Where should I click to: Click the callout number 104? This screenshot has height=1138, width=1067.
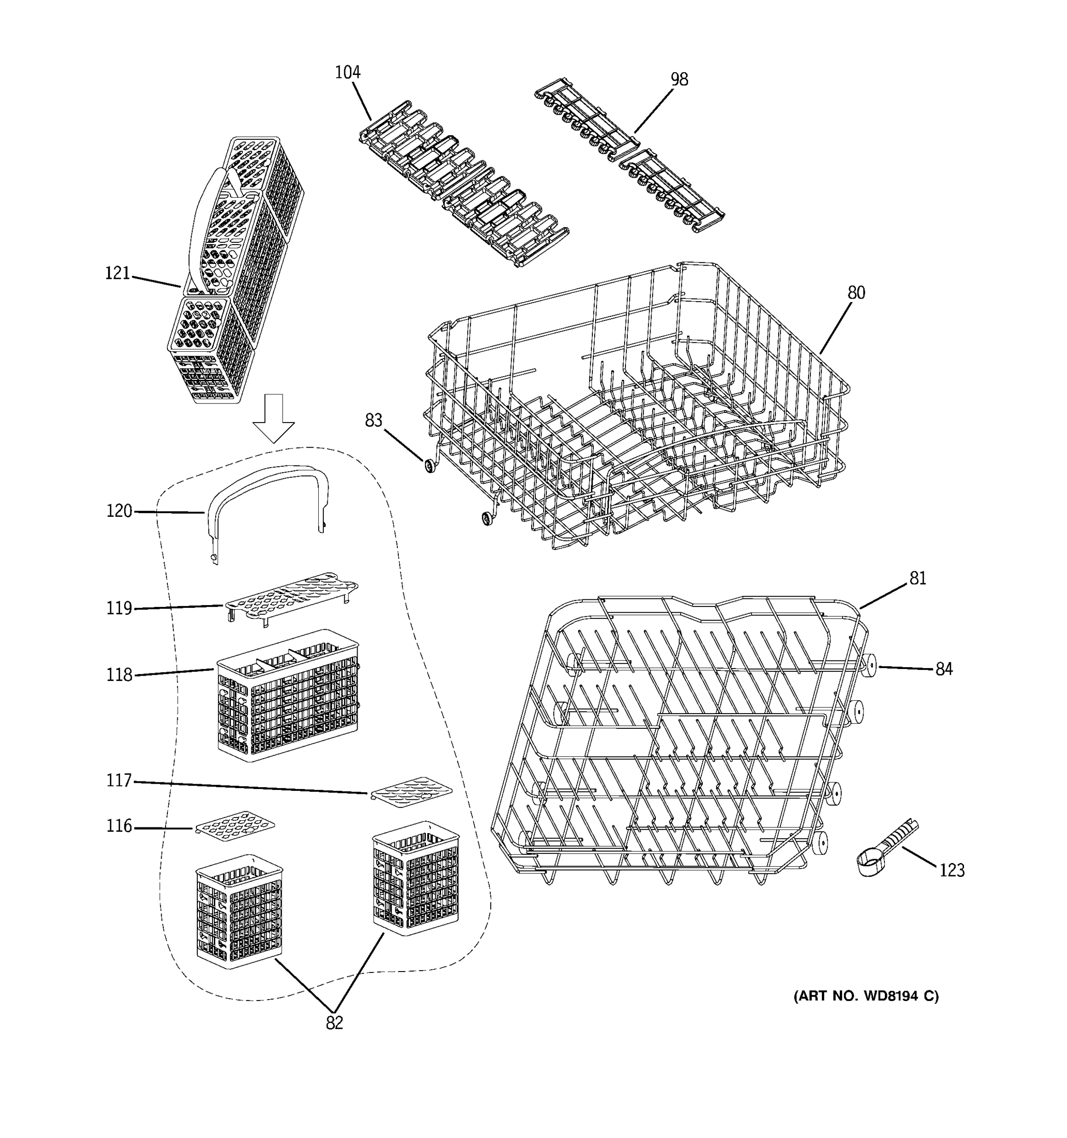pyautogui.click(x=348, y=73)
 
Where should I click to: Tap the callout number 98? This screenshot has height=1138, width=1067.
pyautogui.click(x=679, y=80)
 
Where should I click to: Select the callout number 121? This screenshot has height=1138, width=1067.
pyautogui.click(x=117, y=274)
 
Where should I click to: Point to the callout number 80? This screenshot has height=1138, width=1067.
pyautogui.click(x=856, y=293)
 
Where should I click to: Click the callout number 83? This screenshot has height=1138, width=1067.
pyautogui.click(x=373, y=421)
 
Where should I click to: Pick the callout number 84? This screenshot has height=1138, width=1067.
pyautogui.click(x=944, y=669)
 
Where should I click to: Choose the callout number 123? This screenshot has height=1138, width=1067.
pyautogui.click(x=952, y=870)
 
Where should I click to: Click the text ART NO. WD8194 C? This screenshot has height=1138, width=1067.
pyautogui.click(x=865, y=996)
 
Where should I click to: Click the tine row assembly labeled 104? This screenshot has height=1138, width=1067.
pyautogui.click(x=464, y=183)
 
